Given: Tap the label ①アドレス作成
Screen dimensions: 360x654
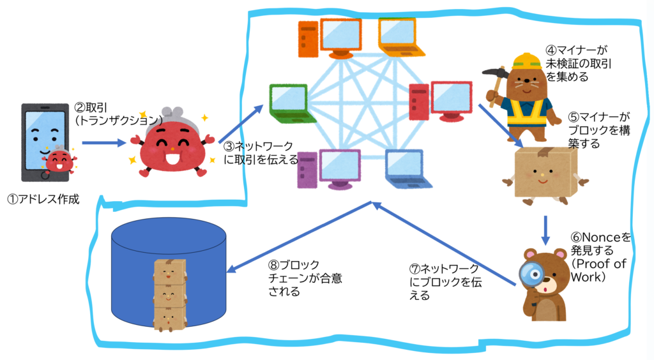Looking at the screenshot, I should tap(43, 199).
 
